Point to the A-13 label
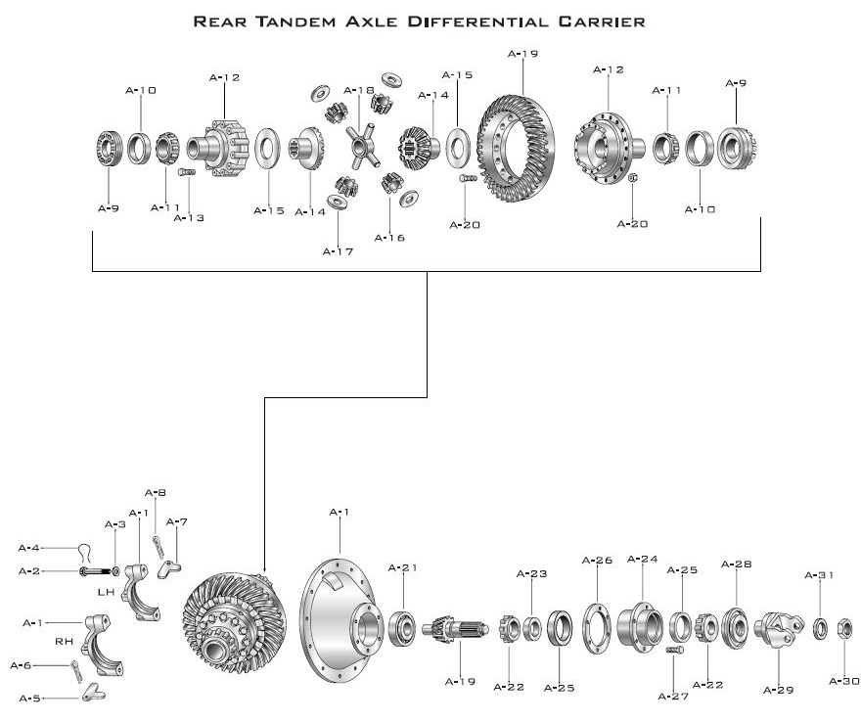189,217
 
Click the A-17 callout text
338,250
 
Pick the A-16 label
389,237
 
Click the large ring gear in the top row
514,148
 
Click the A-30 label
843,680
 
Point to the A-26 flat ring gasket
596,626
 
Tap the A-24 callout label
642,560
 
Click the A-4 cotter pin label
30,548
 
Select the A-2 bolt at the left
91,570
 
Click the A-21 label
403,567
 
